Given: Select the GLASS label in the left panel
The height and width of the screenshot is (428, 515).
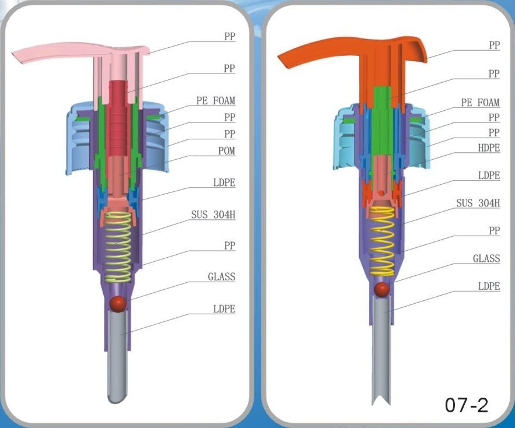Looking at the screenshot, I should pyautogui.click(x=222, y=277).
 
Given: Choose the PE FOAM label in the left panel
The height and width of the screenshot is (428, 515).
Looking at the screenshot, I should pyautogui.click(x=215, y=101).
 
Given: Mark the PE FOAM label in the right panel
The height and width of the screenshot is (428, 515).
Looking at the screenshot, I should pyautogui.click(x=480, y=103).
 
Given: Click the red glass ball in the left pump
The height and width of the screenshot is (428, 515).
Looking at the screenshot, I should pyautogui.click(x=118, y=303).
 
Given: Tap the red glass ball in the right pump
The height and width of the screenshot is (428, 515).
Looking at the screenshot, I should pyautogui.click(x=382, y=289).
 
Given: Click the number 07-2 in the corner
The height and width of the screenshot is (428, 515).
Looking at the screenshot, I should pyautogui.click(x=466, y=405).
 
